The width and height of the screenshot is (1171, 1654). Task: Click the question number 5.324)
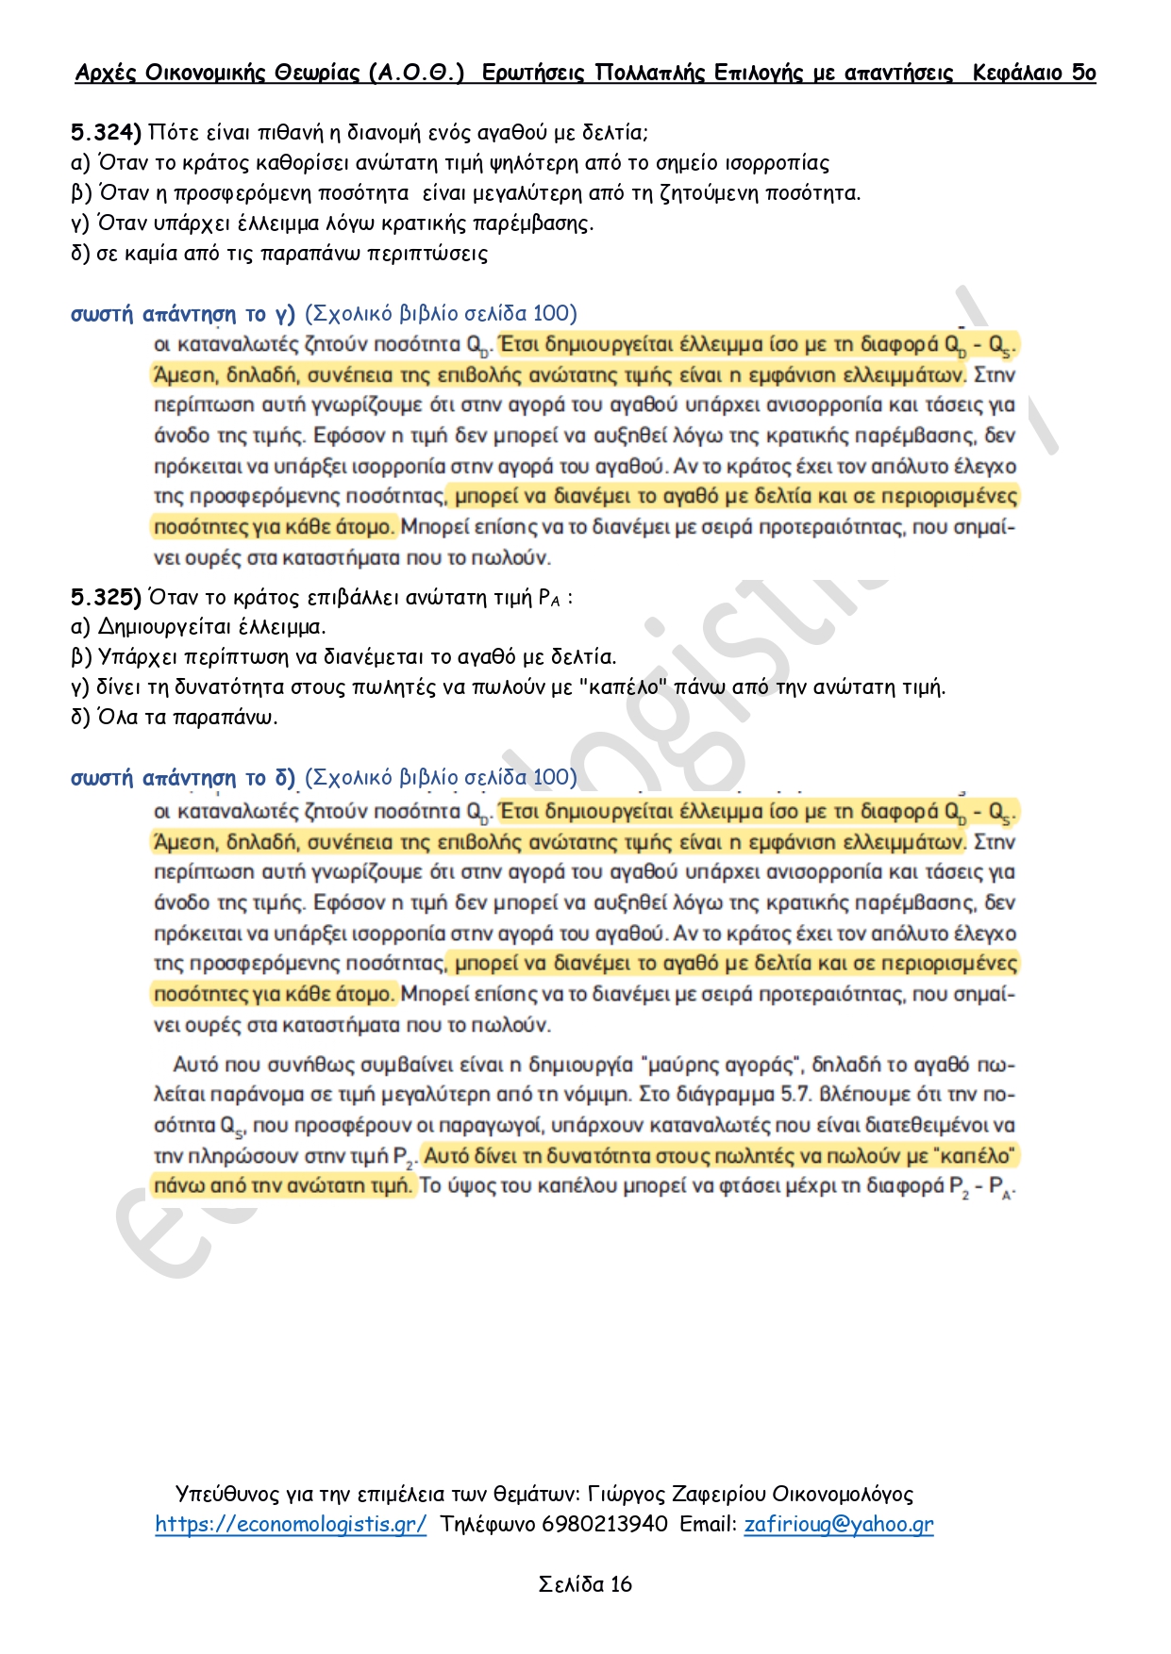pos(106,132)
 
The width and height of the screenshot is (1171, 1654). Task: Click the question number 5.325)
pos(106,597)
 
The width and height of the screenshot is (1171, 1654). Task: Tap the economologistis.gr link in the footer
pos(291,1524)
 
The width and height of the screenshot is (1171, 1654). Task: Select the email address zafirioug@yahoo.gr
pos(839,1524)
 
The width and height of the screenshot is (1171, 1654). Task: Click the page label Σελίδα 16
pos(585,1584)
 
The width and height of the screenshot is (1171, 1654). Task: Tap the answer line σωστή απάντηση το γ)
pos(183,313)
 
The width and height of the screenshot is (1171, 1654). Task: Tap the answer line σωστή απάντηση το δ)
pos(183,778)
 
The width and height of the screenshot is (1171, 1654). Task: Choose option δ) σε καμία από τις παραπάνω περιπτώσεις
pos(279,253)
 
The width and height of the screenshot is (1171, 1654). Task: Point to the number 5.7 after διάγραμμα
pos(798,1095)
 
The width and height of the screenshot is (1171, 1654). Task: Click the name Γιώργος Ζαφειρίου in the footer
pos(676,1494)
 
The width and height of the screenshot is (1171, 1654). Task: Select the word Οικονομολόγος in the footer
pos(843,1494)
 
